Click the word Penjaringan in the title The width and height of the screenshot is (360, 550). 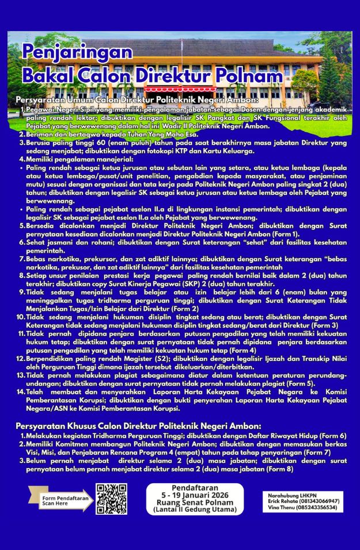click(77, 52)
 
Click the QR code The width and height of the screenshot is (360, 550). click(111, 499)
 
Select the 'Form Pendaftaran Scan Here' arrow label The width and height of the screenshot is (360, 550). click(59, 500)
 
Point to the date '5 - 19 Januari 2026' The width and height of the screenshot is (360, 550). click(195, 495)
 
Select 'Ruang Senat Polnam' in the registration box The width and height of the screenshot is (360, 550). click(195, 503)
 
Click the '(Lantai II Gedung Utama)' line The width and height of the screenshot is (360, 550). click(195, 510)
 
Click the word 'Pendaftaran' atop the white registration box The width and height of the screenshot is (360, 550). click(195, 488)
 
